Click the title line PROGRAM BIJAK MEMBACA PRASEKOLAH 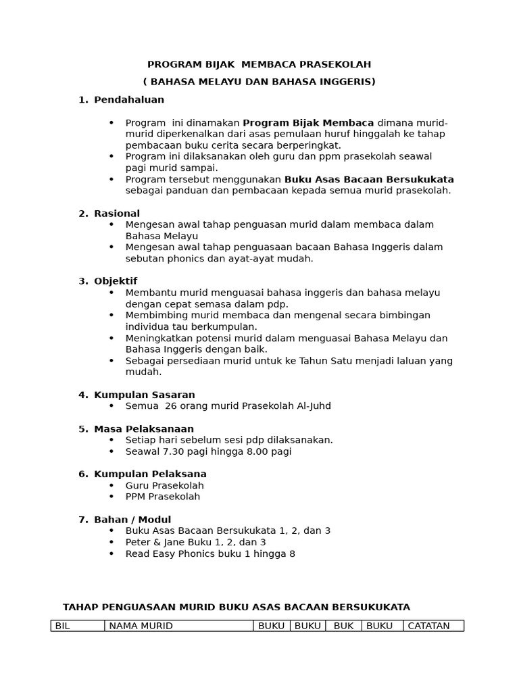(259, 64)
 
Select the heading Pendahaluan (129, 99)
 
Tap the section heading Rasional (117, 214)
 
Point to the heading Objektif (116, 281)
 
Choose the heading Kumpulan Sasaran (145, 395)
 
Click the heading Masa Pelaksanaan (144, 429)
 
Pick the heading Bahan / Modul (132, 520)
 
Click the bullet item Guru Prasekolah (164, 485)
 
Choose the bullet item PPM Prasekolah (163, 497)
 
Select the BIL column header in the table (63, 626)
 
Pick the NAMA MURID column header (141, 626)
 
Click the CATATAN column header (428, 626)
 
